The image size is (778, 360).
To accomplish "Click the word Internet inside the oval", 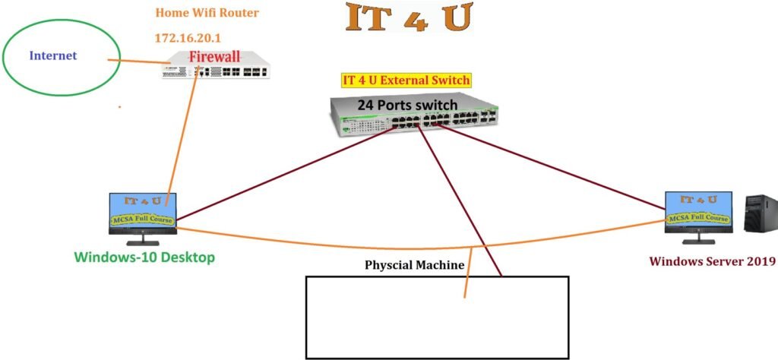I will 53,55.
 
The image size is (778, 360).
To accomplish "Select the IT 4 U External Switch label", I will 406,80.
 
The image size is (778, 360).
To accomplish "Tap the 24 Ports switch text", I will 407,104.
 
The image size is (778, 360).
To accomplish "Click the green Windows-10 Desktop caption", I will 144,257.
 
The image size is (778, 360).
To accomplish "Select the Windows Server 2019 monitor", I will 698,213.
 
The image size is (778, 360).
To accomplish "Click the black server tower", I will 760,215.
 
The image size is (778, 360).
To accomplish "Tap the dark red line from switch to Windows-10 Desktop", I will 289,171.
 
